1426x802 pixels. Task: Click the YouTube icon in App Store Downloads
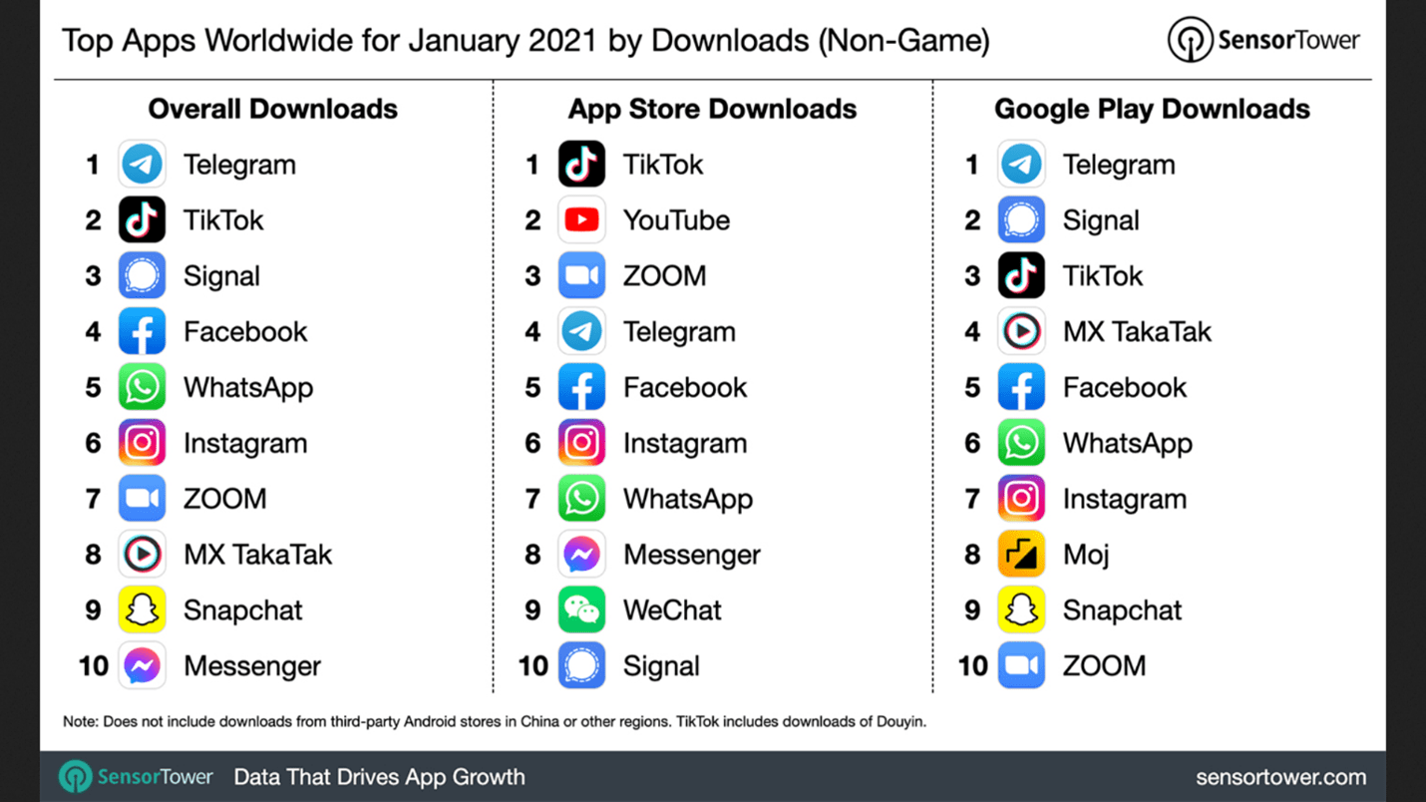[581, 220]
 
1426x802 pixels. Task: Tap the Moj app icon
[1021, 555]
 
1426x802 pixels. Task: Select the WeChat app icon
[581, 609]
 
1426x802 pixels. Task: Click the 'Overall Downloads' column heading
[273, 109]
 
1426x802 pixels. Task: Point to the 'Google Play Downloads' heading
[1152, 110]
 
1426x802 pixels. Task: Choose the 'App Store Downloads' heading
[712, 110]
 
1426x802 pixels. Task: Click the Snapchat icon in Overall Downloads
[142, 609]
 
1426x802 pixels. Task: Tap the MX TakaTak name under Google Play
[1137, 332]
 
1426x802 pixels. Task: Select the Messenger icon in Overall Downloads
[142, 665]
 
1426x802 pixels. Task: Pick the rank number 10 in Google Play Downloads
[972, 666]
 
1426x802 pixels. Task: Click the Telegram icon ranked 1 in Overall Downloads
[142, 165]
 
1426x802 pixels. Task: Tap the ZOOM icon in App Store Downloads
[581, 276]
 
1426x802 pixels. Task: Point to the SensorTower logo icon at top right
[1190, 40]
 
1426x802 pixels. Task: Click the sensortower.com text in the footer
[1280, 777]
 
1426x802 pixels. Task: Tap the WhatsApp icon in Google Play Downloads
[1021, 443]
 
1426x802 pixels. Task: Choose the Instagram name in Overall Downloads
[245, 444]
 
